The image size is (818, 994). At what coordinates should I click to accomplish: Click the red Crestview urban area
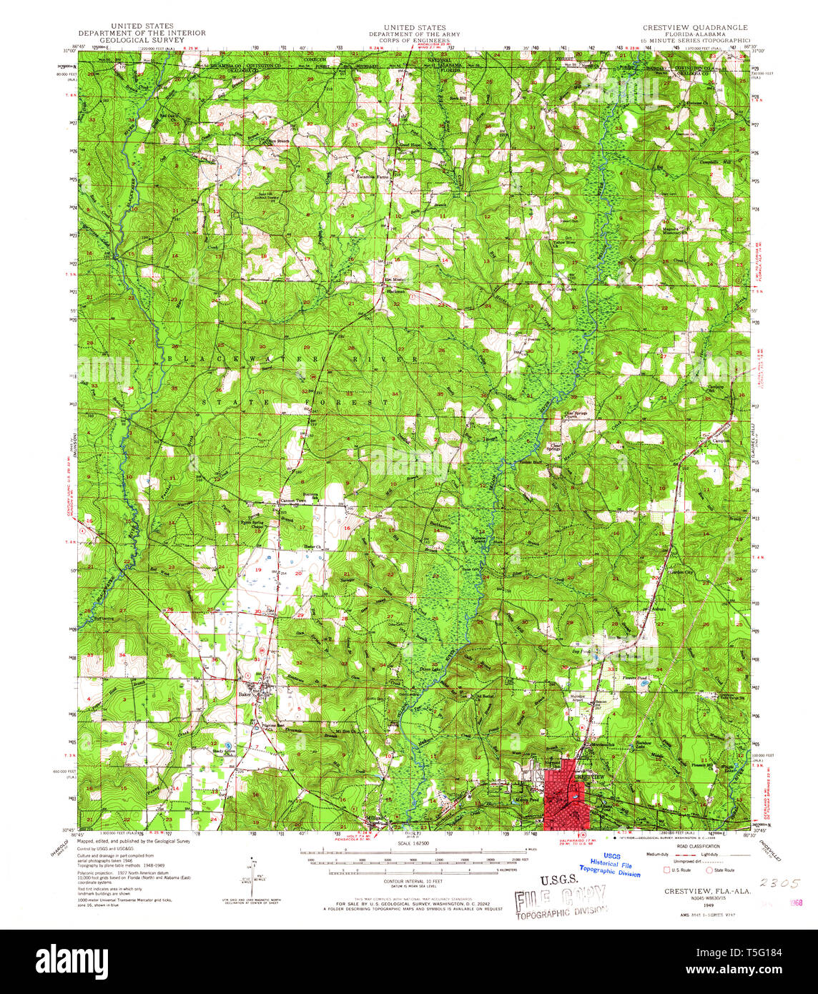[x=565, y=797]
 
